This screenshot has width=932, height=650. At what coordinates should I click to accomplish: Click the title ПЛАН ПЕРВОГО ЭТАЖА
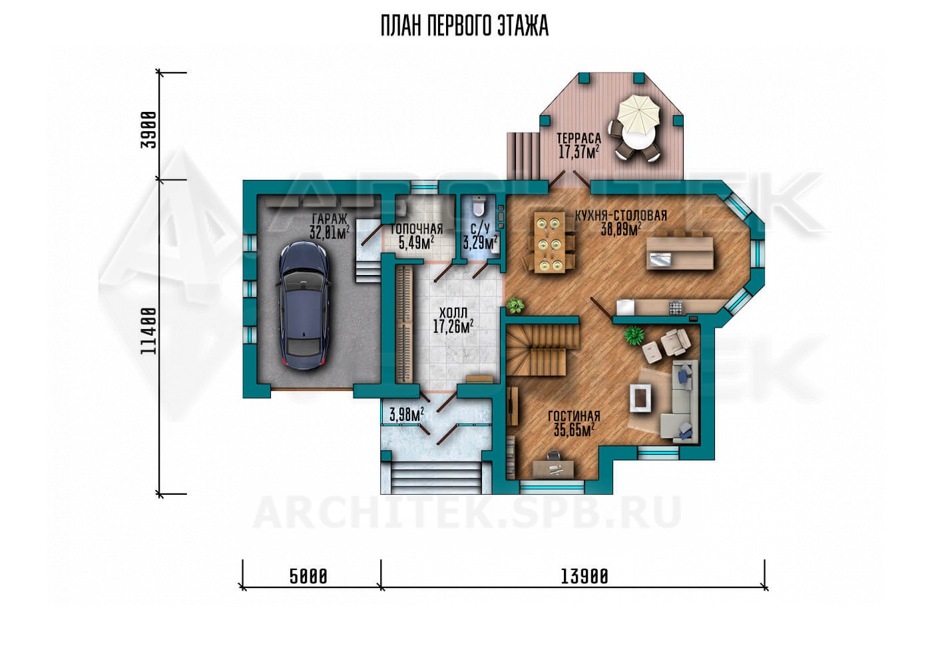click(x=465, y=26)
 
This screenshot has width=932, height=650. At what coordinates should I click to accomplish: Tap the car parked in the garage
click(x=305, y=306)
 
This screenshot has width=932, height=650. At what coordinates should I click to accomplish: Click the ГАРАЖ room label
click(x=329, y=219)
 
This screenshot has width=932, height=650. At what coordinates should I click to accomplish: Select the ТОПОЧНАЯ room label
click(x=417, y=229)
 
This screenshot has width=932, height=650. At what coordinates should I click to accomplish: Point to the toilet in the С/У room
click(x=479, y=207)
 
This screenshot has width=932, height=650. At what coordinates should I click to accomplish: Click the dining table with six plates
click(x=549, y=242)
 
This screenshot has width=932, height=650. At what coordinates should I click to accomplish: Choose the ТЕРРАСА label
click(x=579, y=138)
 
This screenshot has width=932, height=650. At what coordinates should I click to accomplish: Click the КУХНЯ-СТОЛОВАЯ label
click(x=621, y=216)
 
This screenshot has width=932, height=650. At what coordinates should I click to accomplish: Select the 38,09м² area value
click(x=620, y=229)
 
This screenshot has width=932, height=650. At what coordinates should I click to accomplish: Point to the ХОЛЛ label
click(x=453, y=312)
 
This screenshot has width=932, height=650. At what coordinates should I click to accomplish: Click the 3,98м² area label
click(x=407, y=414)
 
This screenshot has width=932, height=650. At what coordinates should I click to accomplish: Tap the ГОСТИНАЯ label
click(x=574, y=416)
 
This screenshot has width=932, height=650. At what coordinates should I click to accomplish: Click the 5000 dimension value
click(x=308, y=577)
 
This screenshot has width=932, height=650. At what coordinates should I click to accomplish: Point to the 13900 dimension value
click(x=584, y=577)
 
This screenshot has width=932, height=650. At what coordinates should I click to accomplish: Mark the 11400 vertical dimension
click(x=148, y=331)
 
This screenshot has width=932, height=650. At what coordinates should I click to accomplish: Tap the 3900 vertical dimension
click(x=148, y=129)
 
